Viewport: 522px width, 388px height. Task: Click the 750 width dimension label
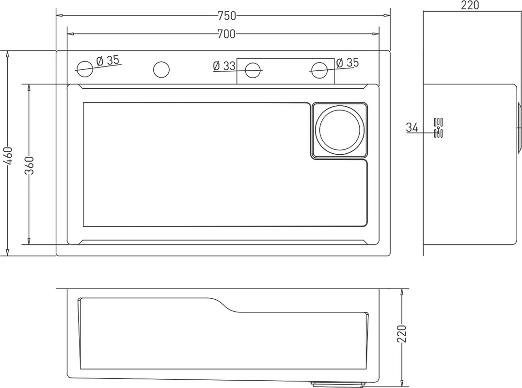tap(227, 16)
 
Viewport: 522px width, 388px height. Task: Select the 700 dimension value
tap(226, 33)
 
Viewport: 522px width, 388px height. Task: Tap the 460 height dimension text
tap(7, 156)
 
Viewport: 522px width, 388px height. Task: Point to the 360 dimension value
tap(29, 165)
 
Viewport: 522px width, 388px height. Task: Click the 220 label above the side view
tap(470, 5)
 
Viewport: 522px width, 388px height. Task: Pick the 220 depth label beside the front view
tap(402, 334)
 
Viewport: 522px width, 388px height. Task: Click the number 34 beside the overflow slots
tap(412, 127)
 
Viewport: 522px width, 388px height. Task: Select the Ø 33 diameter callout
tap(224, 65)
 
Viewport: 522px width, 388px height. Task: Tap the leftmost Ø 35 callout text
tap(108, 61)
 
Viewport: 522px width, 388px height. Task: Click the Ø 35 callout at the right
tap(348, 63)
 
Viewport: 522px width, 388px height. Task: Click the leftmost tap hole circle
tap(84, 69)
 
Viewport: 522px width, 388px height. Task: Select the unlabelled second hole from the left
tap(161, 70)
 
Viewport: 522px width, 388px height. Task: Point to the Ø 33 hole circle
tap(253, 70)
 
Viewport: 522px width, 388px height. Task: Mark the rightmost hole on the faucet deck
tap(319, 70)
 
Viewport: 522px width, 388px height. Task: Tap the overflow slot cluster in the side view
tap(438, 128)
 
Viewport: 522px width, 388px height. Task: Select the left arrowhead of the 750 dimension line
tap(60, 16)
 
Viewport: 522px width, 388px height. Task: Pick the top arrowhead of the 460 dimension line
tap(7, 54)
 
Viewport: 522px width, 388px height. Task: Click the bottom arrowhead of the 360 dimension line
tap(29, 241)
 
